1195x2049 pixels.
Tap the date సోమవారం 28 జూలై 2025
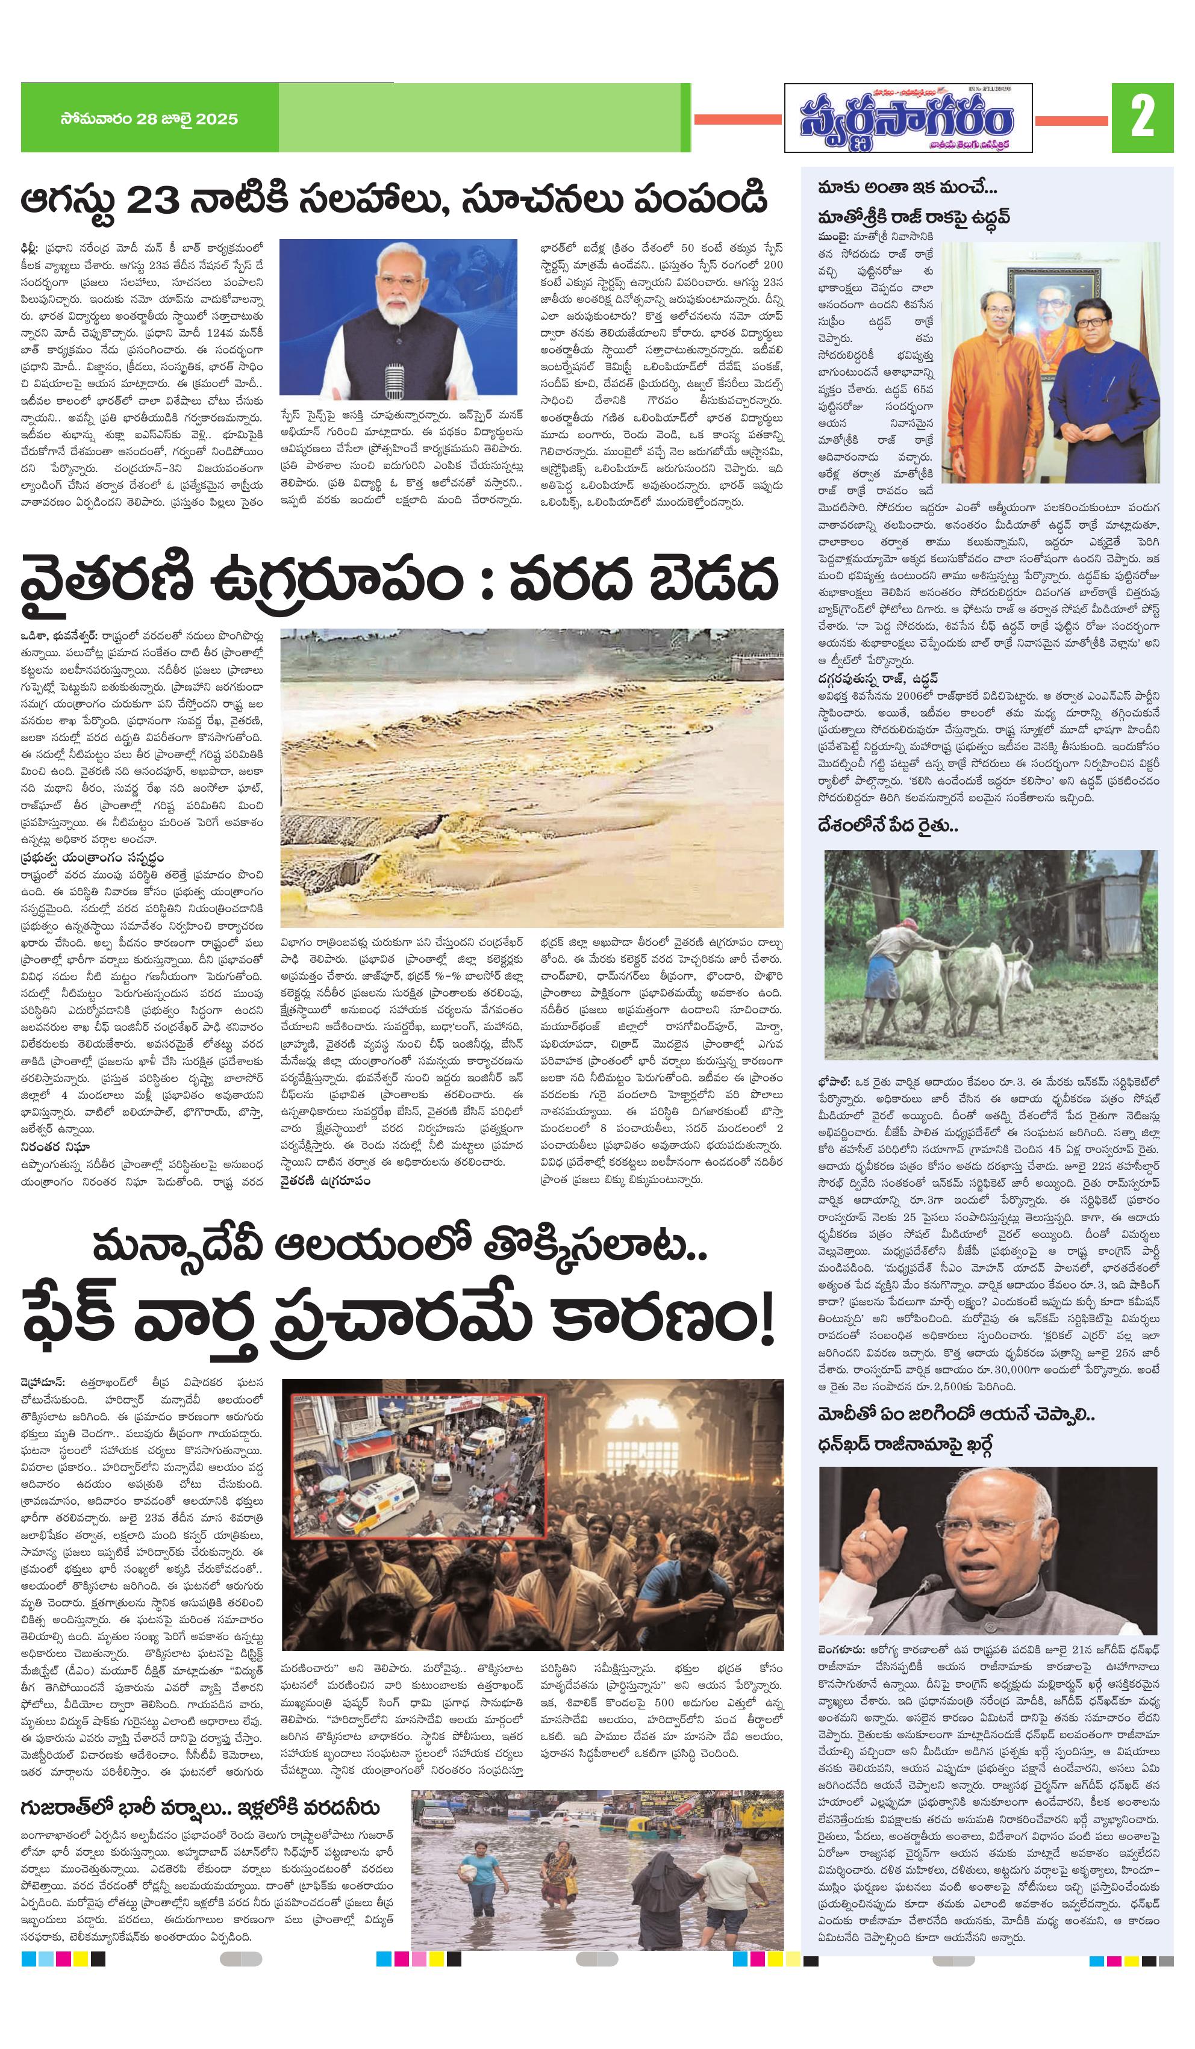[149, 119]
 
